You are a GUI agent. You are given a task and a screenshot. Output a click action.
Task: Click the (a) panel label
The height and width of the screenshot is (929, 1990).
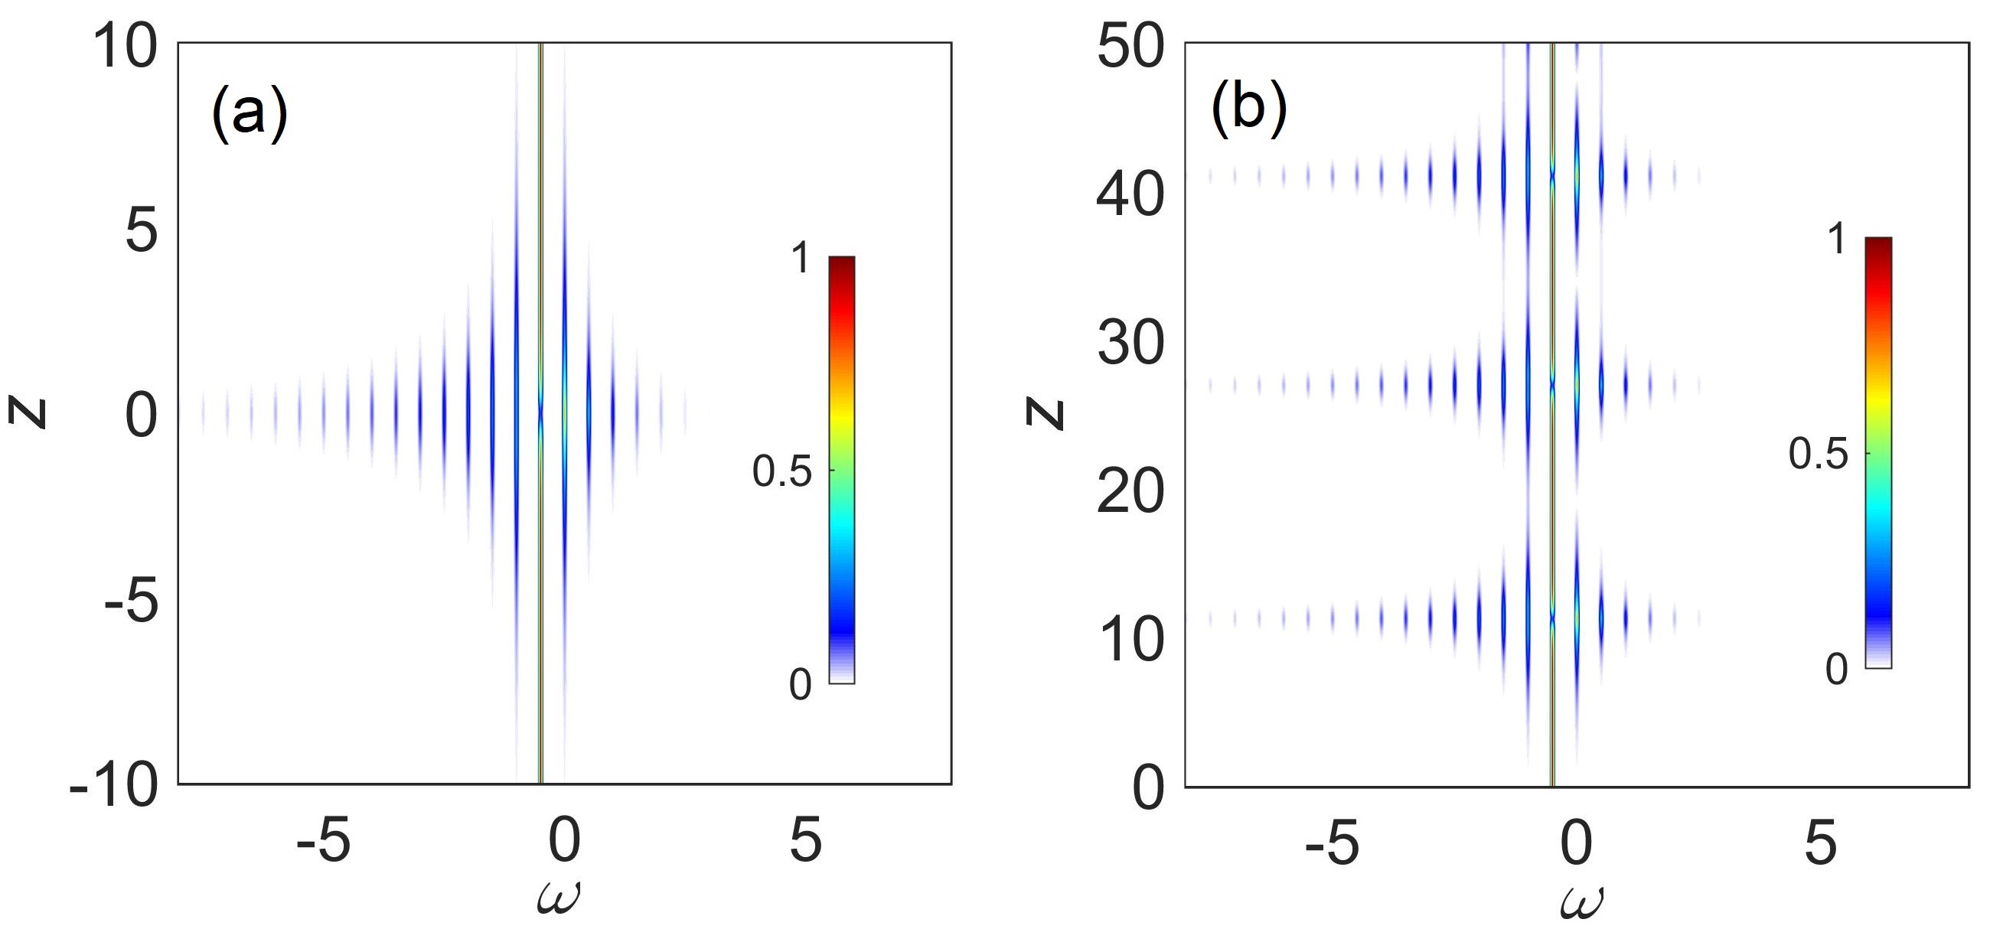[249, 115]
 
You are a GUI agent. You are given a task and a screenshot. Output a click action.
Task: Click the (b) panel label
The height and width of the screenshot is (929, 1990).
[1248, 110]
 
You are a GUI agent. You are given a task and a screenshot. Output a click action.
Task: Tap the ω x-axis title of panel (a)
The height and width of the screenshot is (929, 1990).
[558, 900]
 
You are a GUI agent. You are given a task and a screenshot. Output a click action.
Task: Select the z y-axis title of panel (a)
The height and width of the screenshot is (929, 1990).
[28, 413]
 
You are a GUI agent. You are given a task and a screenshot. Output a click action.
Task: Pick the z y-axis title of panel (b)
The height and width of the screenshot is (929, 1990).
[1045, 414]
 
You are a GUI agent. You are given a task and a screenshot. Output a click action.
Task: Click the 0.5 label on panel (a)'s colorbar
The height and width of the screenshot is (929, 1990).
[781, 472]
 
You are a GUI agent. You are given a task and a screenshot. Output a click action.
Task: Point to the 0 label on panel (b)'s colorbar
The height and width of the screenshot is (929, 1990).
[1836, 669]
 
